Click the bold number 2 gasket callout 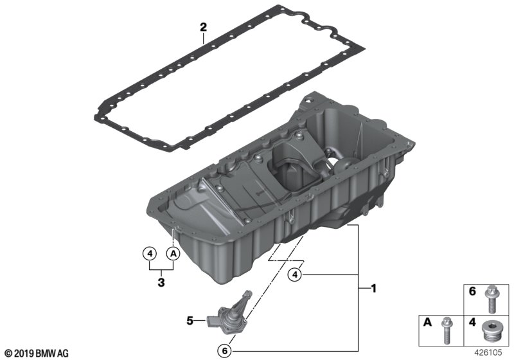tap(204, 27)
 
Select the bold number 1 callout tap(373, 289)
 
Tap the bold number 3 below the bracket tap(161, 282)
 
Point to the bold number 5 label tap(190, 321)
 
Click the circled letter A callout tap(173, 253)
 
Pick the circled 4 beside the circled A tap(150, 253)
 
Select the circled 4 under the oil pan tap(295, 274)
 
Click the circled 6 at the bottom tap(225, 351)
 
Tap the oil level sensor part tap(231, 313)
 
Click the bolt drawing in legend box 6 tap(492, 300)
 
